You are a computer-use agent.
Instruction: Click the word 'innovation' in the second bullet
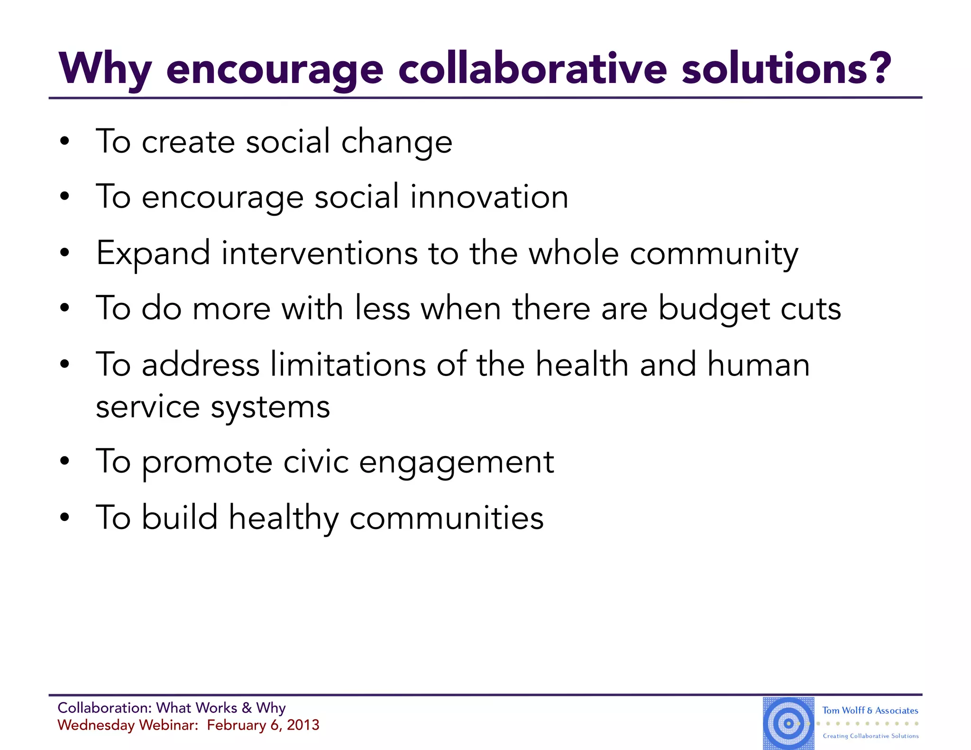[489, 197]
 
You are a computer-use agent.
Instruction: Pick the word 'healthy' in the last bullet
[284, 518]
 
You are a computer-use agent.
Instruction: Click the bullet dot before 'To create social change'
[65, 141]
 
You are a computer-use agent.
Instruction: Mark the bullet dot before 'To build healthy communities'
[65, 517]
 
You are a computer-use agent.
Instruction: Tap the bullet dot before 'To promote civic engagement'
[65, 461]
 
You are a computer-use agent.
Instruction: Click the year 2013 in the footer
[303, 725]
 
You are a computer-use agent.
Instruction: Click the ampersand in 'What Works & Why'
[247, 708]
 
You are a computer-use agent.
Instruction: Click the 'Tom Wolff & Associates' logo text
[870, 710]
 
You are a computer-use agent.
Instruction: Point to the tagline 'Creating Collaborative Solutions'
[870, 736]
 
